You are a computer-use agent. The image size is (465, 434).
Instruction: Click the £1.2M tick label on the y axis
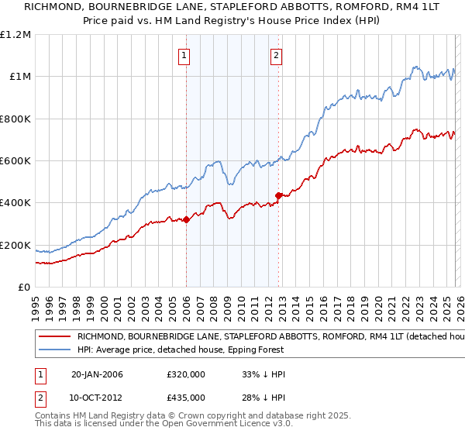tap(17, 35)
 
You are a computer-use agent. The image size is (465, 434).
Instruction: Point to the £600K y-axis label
tap(15, 161)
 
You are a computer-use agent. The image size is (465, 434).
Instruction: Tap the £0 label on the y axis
tap(25, 288)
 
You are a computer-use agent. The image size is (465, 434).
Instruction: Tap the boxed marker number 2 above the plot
tap(277, 54)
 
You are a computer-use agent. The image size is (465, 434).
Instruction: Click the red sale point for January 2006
tap(186, 220)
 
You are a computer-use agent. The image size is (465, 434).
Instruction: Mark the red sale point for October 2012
tap(278, 195)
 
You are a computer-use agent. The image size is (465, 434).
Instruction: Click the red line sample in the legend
tap(54, 337)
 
